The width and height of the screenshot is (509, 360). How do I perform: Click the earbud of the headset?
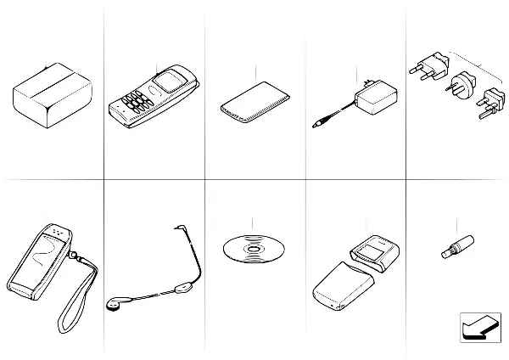113,303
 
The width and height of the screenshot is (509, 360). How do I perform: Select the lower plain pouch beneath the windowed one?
344,289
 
